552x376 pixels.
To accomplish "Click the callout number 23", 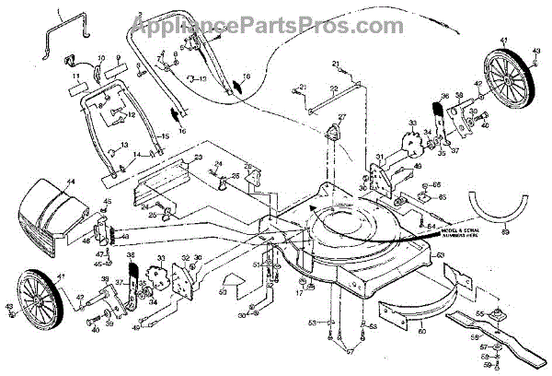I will pyautogui.click(x=196, y=159).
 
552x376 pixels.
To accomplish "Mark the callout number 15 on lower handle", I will pyautogui.click(x=166, y=136).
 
